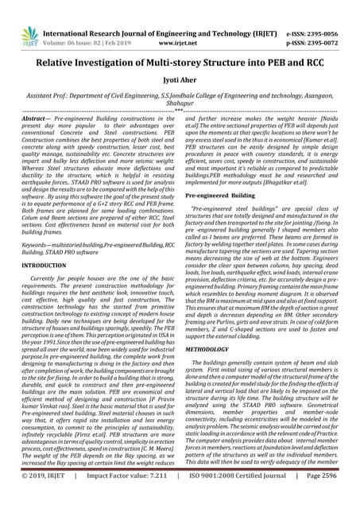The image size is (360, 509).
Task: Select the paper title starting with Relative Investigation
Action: [x=180, y=52]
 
